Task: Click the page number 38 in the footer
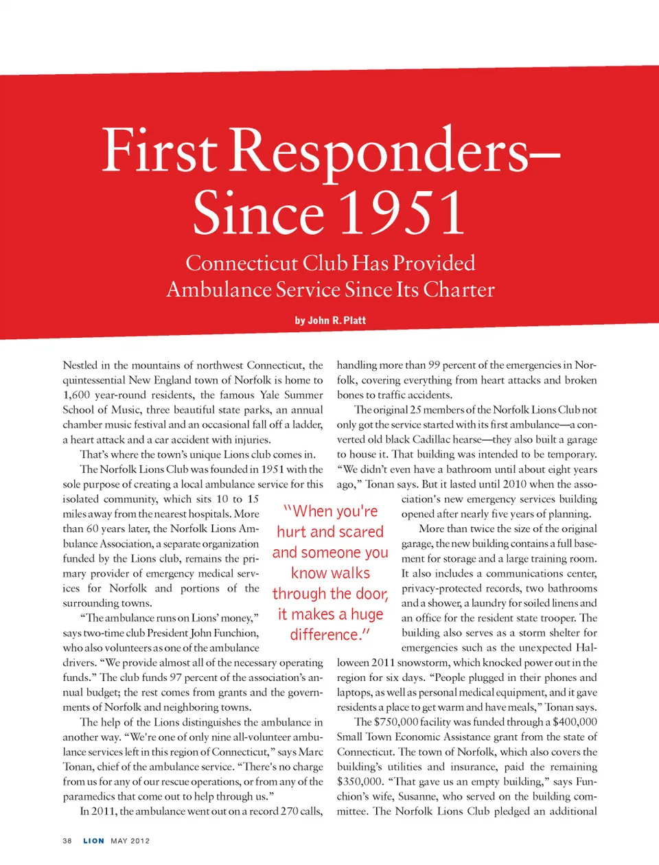[x=67, y=841]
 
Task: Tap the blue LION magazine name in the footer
[x=94, y=841]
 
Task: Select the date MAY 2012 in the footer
[x=130, y=841]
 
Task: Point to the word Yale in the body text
[x=272, y=395]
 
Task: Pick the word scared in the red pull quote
[x=360, y=532]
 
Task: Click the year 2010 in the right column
[x=517, y=484]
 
